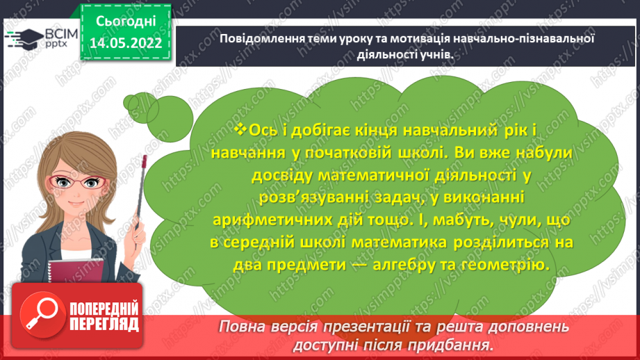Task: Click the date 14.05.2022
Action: pyautogui.click(x=126, y=42)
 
